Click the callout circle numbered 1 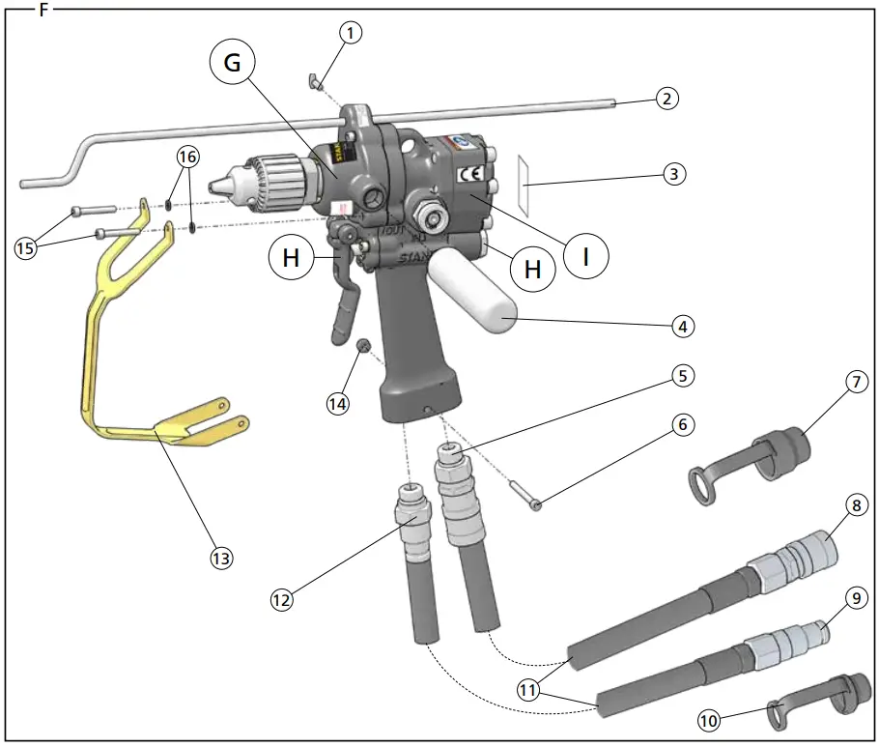pyautogui.click(x=351, y=33)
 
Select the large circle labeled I pyautogui.click(x=586, y=257)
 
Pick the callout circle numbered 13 pyautogui.click(x=221, y=558)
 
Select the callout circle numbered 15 pyautogui.click(x=26, y=247)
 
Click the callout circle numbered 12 pyautogui.click(x=281, y=599)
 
